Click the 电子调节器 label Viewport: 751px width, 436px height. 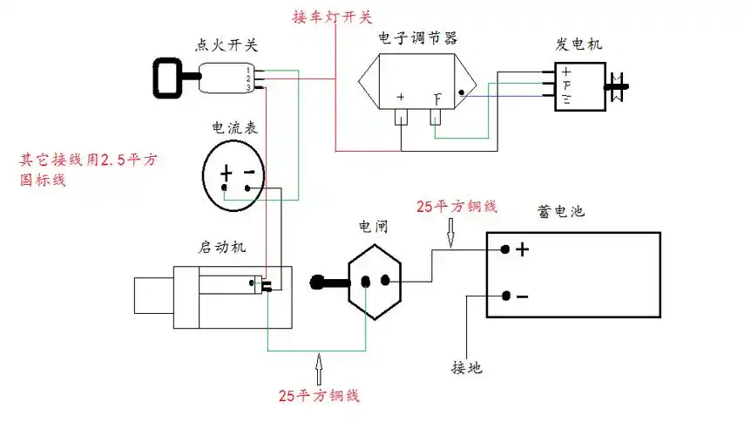[417, 38]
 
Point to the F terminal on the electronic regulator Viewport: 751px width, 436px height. [437, 98]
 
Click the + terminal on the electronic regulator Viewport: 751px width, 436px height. [401, 98]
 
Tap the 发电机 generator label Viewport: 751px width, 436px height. [578, 44]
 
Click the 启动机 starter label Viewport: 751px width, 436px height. [222, 247]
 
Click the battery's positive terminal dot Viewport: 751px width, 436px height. [505, 249]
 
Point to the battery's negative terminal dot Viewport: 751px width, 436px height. [505, 296]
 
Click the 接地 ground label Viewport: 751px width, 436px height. [467, 367]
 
